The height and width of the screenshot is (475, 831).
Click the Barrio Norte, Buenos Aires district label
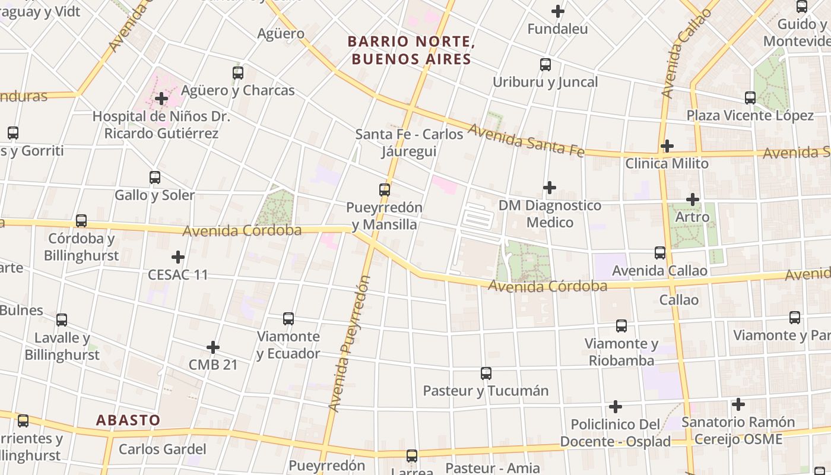click(x=410, y=50)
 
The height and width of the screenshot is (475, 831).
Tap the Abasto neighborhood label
click(x=128, y=420)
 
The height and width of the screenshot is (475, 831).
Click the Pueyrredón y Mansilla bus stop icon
click(x=385, y=190)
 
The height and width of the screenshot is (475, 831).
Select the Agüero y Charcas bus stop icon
click(x=238, y=73)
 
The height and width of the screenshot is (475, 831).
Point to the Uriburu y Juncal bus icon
click(x=545, y=65)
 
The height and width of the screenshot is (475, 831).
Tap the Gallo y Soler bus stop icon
click(x=155, y=178)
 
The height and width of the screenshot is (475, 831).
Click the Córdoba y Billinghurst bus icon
click(x=81, y=221)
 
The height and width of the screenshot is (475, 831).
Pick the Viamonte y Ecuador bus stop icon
click(x=288, y=319)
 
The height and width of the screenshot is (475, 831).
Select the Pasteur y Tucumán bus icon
click(x=486, y=373)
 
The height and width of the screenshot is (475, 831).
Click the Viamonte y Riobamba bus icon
click(x=621, y=326)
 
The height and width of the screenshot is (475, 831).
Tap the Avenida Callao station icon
click(x=660, y=253)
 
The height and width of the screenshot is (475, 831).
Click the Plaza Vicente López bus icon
click(x=750, y=98)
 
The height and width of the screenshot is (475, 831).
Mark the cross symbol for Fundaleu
click(x=558, y=11)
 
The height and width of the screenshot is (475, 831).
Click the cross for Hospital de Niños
click(x=161, y=99)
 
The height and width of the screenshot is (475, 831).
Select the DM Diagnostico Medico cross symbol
click(x=550, y=188)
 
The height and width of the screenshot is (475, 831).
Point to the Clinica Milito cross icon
click(x=667, y=146)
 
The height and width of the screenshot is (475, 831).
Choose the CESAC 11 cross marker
click(x=178, y=258)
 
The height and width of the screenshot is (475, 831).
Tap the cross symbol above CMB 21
click(x=213, y=347)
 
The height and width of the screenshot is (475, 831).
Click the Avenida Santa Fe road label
click(x=526, y=141)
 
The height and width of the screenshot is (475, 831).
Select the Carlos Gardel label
click(x=163, y=449)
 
